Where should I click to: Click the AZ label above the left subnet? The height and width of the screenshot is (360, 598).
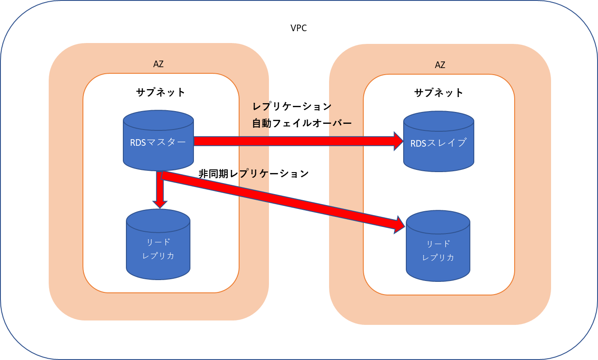pos(158,64)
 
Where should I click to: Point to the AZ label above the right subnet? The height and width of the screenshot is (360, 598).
pos(440,65)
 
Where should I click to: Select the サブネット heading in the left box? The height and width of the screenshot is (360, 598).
pos(161,92)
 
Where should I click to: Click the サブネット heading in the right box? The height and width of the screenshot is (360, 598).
pos(439,93)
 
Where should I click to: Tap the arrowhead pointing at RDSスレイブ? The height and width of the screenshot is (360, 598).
pos(398,141)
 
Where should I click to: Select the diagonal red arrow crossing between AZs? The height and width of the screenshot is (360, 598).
pos(281,200)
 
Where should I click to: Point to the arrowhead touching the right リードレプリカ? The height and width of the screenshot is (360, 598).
pos(400,224)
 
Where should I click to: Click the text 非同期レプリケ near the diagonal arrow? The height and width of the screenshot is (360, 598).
pos(233,174)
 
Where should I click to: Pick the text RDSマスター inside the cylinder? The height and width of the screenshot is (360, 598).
pos(158,142)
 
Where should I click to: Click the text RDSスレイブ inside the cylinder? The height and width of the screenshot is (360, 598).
pos(438,143)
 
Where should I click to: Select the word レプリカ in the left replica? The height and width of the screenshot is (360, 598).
pos(158,256)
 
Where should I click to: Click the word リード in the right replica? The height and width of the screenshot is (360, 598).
pos(438,244)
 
